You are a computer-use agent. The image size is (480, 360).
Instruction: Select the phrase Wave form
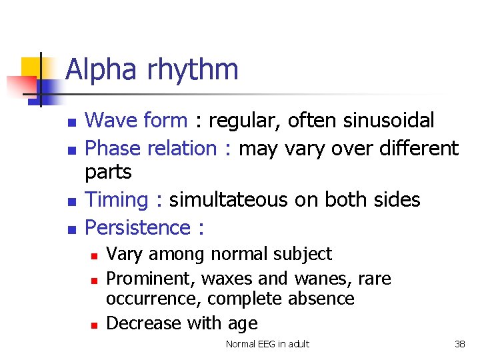137,121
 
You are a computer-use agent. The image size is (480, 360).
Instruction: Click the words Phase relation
151,148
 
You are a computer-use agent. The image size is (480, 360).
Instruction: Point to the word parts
109,173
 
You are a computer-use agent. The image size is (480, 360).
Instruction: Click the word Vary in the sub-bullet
123,254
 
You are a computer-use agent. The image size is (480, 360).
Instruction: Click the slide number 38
459,344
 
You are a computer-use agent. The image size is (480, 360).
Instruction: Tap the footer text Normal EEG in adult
267,344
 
